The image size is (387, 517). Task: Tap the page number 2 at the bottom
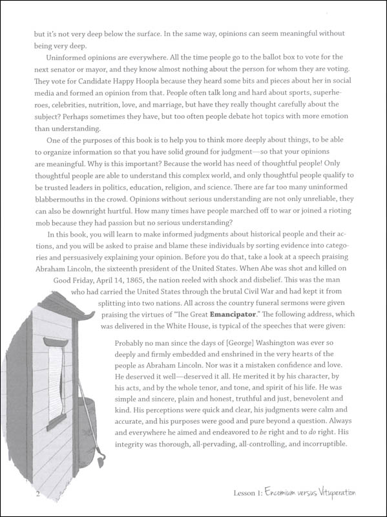point(21,494)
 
